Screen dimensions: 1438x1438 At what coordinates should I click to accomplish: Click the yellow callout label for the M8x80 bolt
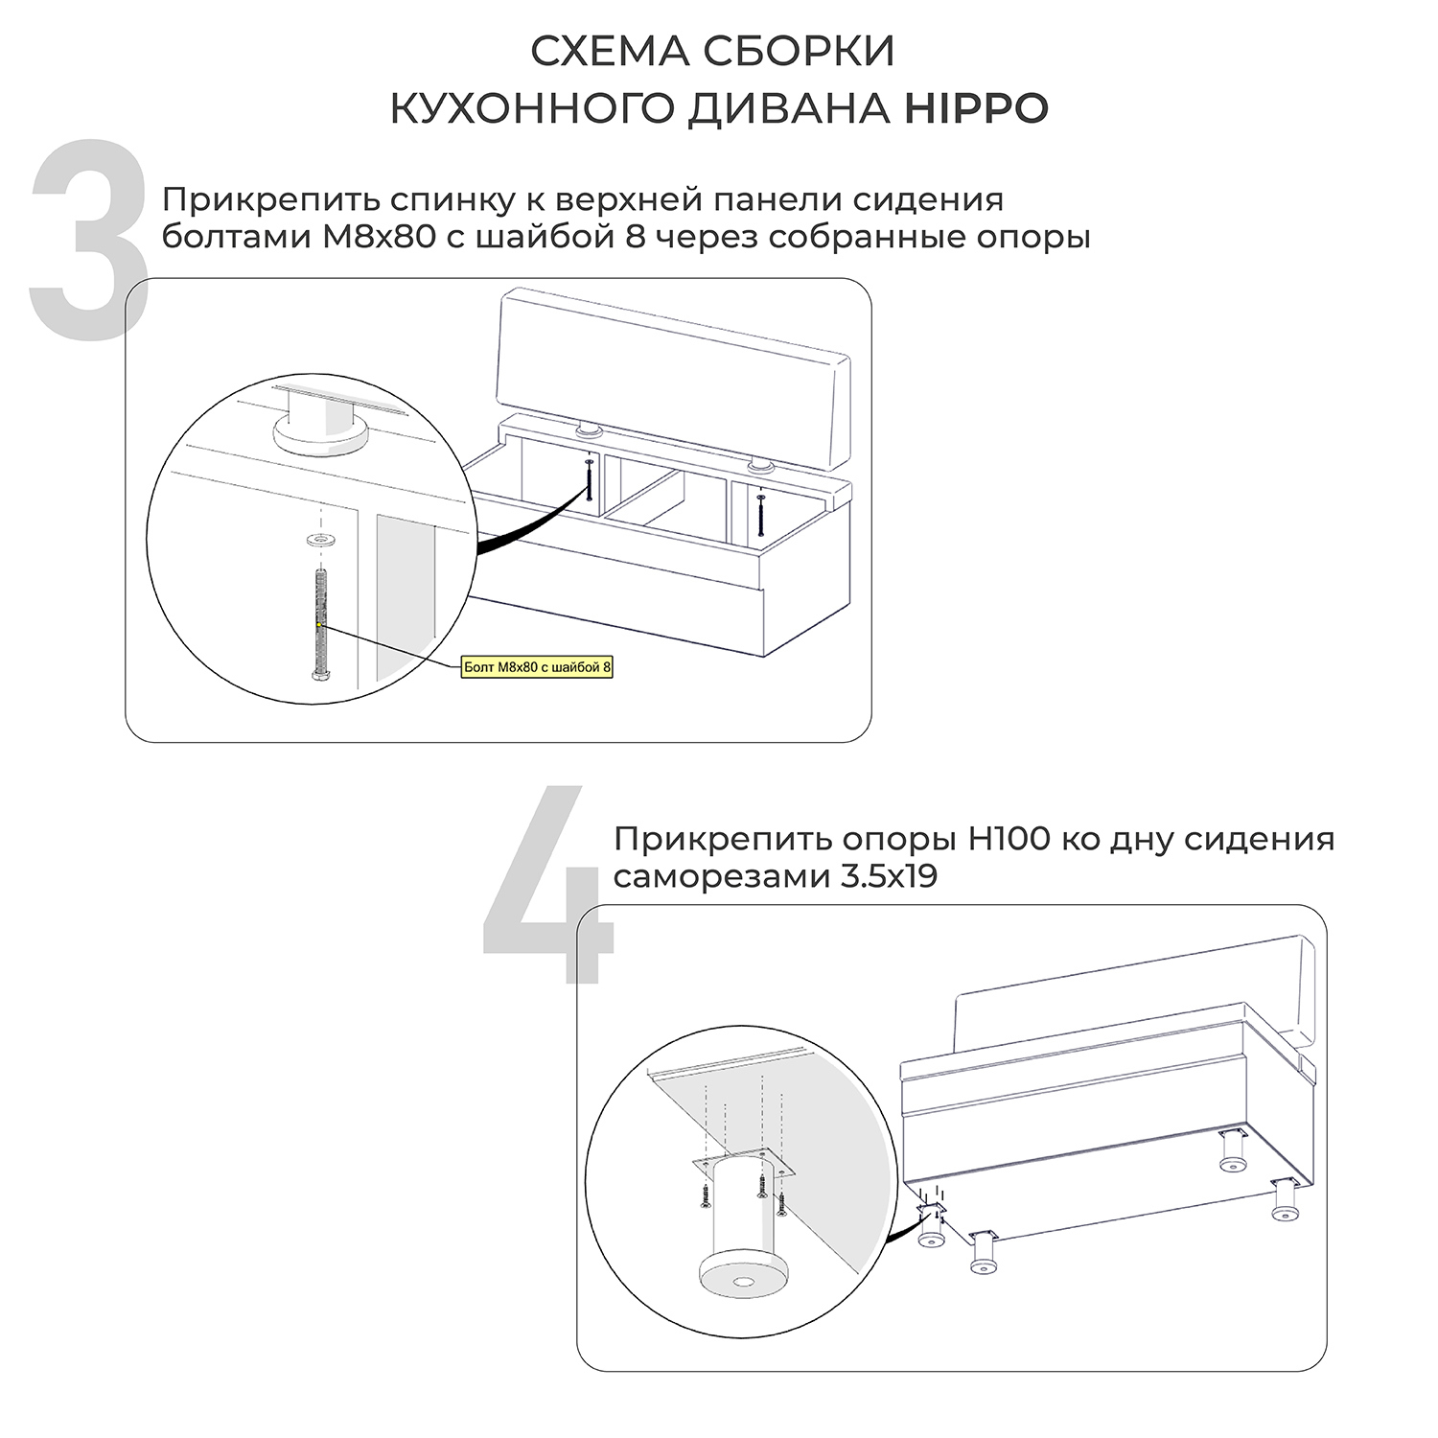[537, 667]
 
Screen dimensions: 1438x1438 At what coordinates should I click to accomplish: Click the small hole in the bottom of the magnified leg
[744, 1282]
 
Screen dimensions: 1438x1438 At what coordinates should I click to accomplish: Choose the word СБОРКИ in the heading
[800, 52]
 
